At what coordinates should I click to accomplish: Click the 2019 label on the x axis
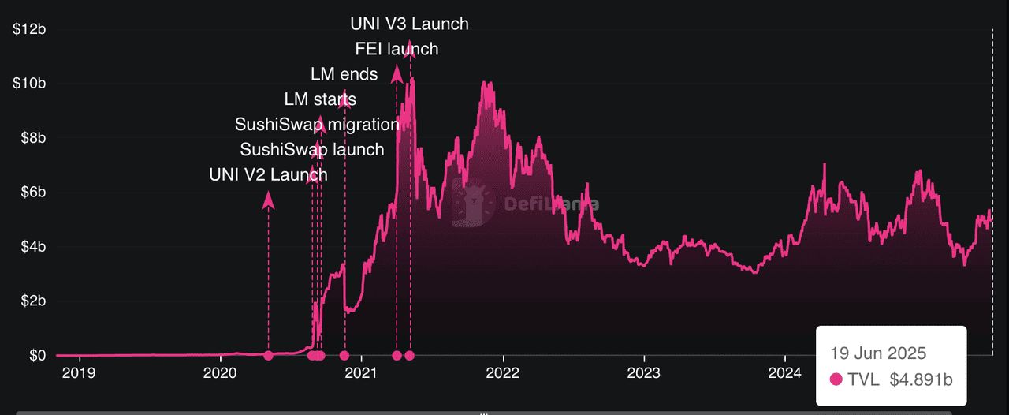(x=78, y=372)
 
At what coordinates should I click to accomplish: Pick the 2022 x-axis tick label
(x=502, y=372)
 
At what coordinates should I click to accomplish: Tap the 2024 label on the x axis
(x=784, y=372)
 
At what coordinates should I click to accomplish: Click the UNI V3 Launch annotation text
(x=409, y=24)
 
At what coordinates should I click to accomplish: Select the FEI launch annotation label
(x=397, y=49)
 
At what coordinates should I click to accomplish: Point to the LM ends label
(x=344, y=74)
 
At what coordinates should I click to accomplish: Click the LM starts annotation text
(x=320, y=99)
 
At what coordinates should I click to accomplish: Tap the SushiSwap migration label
(x=317, y=125)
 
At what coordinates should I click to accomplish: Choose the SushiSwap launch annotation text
(x=312, y=150)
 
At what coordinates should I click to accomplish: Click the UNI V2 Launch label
(x=268, y=174)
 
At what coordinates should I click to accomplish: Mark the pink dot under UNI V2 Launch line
(x=268, y=356)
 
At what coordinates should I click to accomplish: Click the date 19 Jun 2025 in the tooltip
(x=878, y=353)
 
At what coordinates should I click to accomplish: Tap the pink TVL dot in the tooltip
(x=836, y=379)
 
